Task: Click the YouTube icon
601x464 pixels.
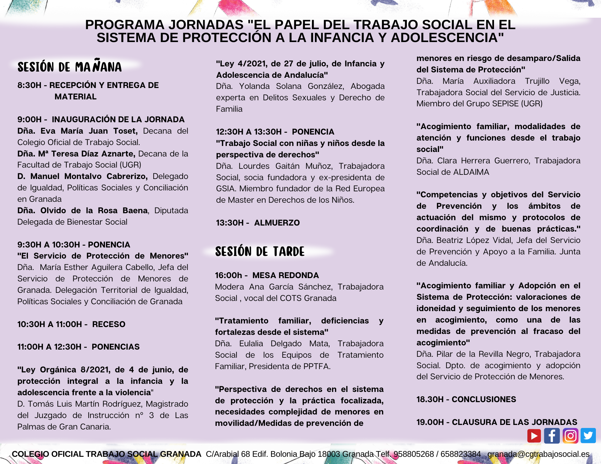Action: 534,436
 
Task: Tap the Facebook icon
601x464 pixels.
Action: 552,436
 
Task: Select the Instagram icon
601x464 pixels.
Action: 570,436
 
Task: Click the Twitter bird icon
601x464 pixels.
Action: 588,436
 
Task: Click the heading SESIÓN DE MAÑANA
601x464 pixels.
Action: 69,67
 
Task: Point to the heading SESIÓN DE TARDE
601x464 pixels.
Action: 260,251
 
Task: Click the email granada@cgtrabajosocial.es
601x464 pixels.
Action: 538,454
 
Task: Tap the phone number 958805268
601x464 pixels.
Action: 414,454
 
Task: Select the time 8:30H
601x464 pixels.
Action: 29,85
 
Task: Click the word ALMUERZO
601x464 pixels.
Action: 277,223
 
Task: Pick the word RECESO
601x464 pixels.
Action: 108,324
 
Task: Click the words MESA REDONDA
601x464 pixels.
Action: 285,275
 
